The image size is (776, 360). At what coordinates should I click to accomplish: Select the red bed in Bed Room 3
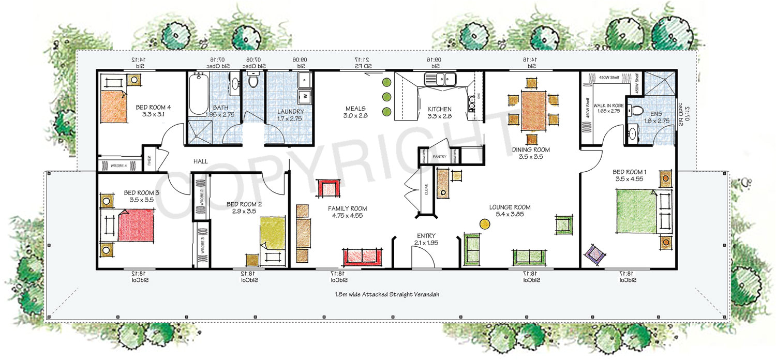[x=136, y=225]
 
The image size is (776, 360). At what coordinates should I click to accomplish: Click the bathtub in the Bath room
[x=198, y=95]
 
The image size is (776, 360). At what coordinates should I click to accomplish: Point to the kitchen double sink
[x=440, y=79]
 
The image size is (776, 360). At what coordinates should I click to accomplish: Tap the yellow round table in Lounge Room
[x=485, y=224]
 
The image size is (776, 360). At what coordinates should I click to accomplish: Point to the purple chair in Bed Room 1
[x=594, y=254]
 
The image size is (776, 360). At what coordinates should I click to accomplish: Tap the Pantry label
[x=439, y=156]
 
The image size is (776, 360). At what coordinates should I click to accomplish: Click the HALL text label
[x=201, y=162]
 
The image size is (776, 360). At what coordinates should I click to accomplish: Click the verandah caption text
[x=387, y=295]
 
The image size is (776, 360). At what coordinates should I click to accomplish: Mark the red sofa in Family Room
[x=363, y=257]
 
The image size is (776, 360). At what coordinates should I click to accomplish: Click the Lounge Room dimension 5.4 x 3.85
[x=510, y=215]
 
